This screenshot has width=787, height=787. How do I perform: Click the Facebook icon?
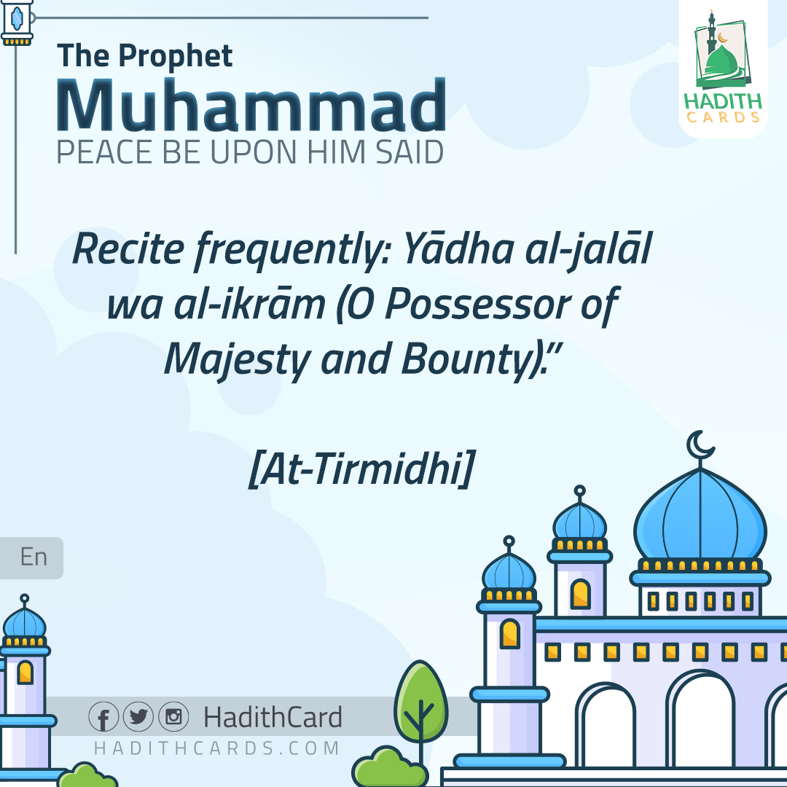[103, 717]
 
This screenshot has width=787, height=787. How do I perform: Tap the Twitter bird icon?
[138, 717]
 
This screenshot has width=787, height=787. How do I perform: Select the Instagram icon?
[173, 717]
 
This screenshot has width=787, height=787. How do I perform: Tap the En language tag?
[34, 557]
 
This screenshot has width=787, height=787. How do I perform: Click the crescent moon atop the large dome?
[700, 445]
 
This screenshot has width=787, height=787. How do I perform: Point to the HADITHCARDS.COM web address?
[217, 748]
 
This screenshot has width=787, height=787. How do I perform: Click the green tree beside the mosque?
[420, 703]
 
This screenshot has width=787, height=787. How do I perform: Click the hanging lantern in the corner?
[17, 22]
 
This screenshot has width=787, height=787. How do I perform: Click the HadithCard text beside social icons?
[273, 718]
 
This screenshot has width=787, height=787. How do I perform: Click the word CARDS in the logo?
[724, 117]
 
